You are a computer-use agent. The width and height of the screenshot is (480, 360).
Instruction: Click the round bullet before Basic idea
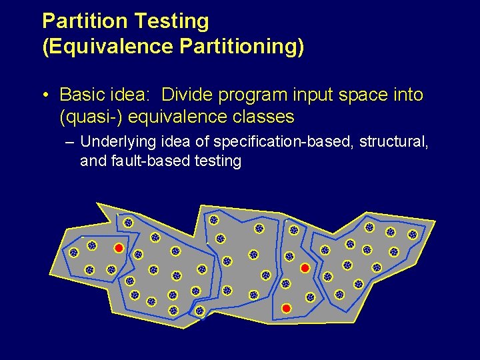point(45,95)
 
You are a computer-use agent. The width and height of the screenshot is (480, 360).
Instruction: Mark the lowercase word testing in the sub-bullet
point(218,161)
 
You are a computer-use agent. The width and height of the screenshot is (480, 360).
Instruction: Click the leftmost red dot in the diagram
point(118,248)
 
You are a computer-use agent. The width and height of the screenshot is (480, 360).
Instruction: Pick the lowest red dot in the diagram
point(286,309)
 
